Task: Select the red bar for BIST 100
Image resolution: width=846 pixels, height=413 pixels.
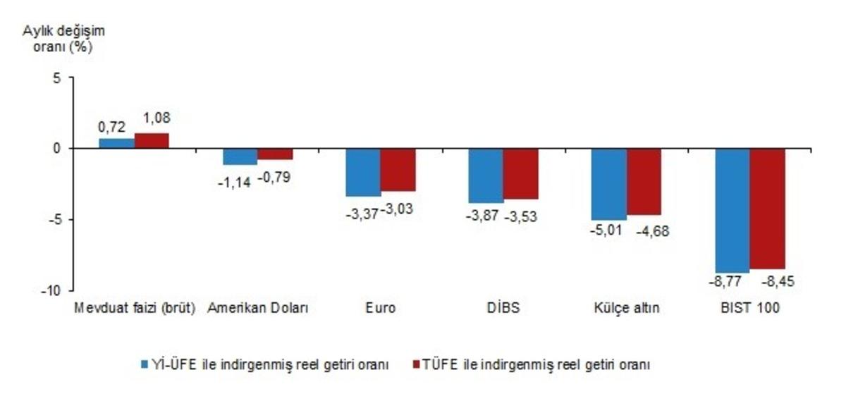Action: [768, 209]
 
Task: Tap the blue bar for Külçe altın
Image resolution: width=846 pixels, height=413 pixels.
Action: [608, 184]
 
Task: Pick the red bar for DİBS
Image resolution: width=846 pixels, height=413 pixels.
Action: [521, 173]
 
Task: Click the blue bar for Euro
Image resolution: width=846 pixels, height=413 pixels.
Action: [363, 172]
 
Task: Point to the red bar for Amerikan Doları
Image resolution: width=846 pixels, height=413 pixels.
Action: [275, 154]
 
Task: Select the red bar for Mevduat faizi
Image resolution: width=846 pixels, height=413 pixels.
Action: [152, 140]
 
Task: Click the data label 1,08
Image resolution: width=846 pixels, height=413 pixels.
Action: [156, 118]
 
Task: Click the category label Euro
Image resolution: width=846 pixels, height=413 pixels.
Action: [381, 309]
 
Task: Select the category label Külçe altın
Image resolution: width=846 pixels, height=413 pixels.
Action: [626, 309]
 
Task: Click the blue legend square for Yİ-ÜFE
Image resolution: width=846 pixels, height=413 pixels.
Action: [142, 364]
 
